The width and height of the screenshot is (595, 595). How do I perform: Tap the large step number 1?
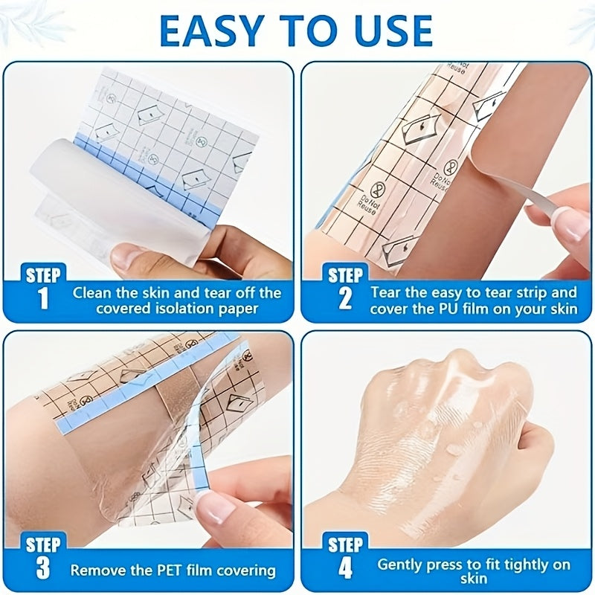(43, 298)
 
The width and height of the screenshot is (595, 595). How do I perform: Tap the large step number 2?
(344, 299)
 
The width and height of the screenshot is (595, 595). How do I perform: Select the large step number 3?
(43, 567)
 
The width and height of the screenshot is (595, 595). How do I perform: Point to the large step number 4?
(345, 567)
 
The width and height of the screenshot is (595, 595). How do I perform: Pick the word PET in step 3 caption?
(171, 570)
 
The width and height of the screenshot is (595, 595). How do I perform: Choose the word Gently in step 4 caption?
(400, 565)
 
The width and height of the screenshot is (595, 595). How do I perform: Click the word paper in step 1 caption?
(238, 309)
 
